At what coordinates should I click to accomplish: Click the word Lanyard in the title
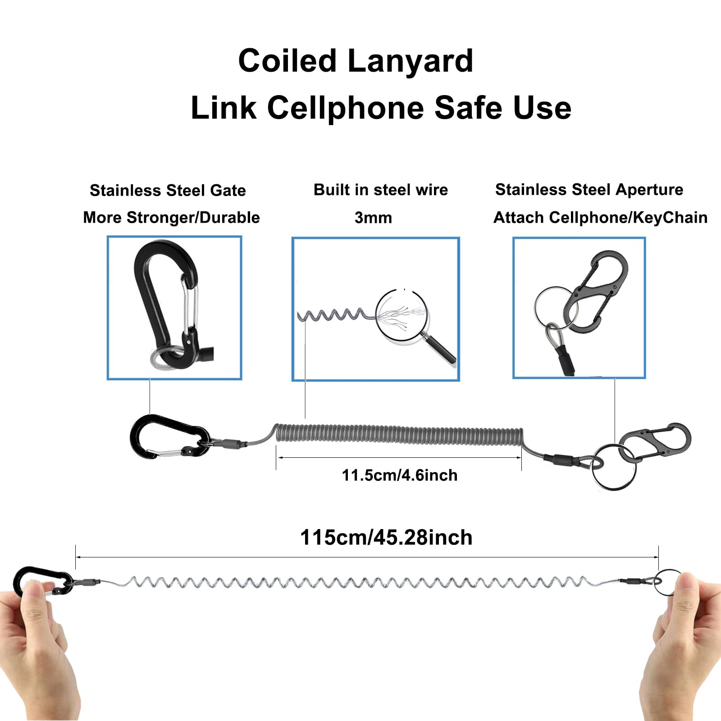click(410, 61)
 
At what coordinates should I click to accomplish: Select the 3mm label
click(373, 218)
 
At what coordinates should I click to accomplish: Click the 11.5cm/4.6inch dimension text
click(399, 475)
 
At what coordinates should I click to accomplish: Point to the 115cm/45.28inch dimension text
click(386, 538)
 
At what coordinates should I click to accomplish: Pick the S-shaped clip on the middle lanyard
click(656, 442)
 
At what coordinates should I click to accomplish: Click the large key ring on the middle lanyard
click(614, 467)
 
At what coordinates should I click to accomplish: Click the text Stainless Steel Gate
click(168, 191)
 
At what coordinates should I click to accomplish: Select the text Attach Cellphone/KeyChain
click(600, 218)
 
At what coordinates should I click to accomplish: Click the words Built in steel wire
click(381, 190)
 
